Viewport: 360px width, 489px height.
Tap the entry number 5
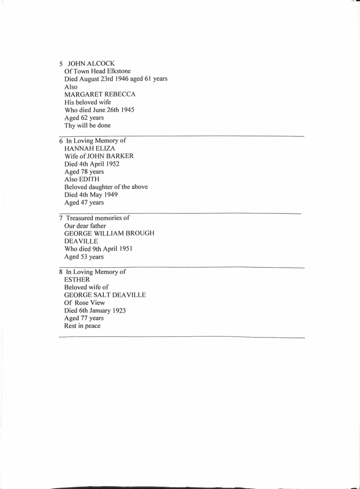point(61,64)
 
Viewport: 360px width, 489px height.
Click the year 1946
point(130,79)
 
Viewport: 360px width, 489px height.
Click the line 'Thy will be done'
point(87,125)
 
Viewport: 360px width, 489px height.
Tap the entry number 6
point(61,141)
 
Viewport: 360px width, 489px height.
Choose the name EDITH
point(88,179)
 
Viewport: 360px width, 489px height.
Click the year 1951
point(124,248)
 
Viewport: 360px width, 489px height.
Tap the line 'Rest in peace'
point(82,325)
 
